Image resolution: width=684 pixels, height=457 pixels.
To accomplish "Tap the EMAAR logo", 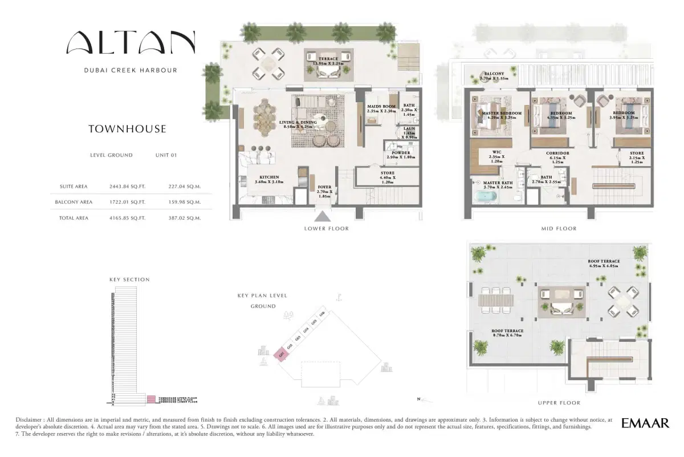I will (645, 423).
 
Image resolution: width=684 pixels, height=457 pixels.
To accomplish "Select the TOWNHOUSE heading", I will (127, 129).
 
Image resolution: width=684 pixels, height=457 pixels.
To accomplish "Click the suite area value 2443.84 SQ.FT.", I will (128, 186).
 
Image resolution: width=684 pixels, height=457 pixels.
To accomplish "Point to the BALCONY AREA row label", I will (74, 202).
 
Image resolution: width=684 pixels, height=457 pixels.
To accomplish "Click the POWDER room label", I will (401, 154).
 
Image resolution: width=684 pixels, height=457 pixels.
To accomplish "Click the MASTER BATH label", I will (484, 184).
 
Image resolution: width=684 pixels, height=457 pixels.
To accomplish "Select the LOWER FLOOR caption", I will (326, 228).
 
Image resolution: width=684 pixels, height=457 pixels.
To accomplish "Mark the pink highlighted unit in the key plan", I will (280, 354).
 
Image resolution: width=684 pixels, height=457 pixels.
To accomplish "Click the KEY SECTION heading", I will (129, 280).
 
